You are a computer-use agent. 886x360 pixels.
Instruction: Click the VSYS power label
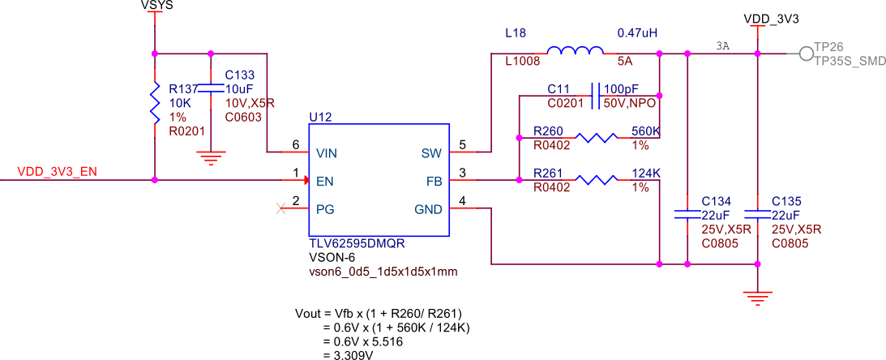pyautogui.click(x=156, y=6)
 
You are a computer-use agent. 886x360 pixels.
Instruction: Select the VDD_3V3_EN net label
pyautogui.click(x=56, y=172)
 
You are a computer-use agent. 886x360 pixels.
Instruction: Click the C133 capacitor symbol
pyautogui.click(x=211, y=87)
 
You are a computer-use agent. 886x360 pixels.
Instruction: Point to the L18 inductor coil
pyautogui.click(x=575, y=52)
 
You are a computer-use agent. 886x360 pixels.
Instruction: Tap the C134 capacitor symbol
pyautogui.click(x=687, y=215)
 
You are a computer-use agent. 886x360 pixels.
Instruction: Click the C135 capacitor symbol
pyautogui.click(x=757, y=215)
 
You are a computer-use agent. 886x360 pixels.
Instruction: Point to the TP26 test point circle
pyautogui.click(x=805, y=54)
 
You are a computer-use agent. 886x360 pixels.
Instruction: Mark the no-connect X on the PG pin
pyautogui.click(x=281, y=209)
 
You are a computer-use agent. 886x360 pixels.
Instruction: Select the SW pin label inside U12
pyautogui.click(x=430, y=152)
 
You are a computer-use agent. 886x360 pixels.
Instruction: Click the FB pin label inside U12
pyautogui.click(x=433, y=181)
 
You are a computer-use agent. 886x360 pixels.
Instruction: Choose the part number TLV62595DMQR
pyautogui.click(x=357, y=243)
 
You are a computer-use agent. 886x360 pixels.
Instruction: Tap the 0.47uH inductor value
pyautogui.click(x=636, y=33)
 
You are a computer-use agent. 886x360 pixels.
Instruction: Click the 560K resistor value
pyautogui.click(x=645, y=131)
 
